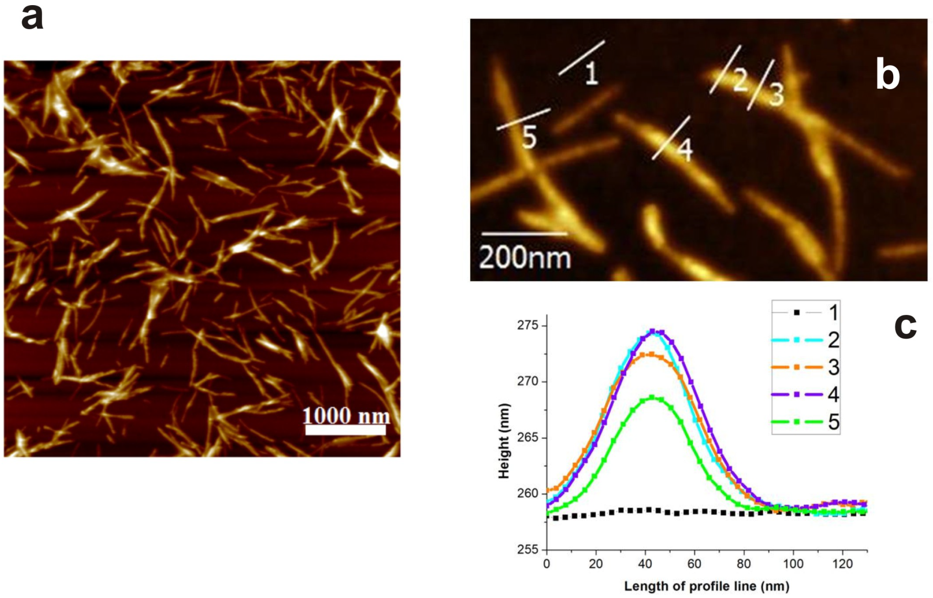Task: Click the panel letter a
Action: pyautogui.click(x=32, y=19)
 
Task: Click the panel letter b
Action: pyautogui.click(x=887, y=75)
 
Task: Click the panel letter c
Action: pyautogui.click(x=905, y=327)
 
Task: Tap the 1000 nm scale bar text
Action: pyautogui.click(x=346, y=416)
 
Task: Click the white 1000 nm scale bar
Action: pyautogui.click(x=345, y=430)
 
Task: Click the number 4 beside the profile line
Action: pyautogui.click(x=685, y=150)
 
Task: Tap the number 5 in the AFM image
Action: pyautogui.click(x=529, y=138)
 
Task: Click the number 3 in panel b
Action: pyautogui.click(x=776, y=95)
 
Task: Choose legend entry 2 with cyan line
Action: pyautogui.click(x=806, y=340)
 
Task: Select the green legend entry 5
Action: pyautogui.click(x=806, y=422)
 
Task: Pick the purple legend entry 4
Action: pyautogui.click(x=806, y=394)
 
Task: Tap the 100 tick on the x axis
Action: pyautogui.click(x=793, y=564)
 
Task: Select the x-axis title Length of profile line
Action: pyautogui.click(x=706, y=587)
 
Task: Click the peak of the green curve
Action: pyautogui.click(x=652, y=397)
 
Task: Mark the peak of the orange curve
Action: pyautogui.click(x=650, y=354)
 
